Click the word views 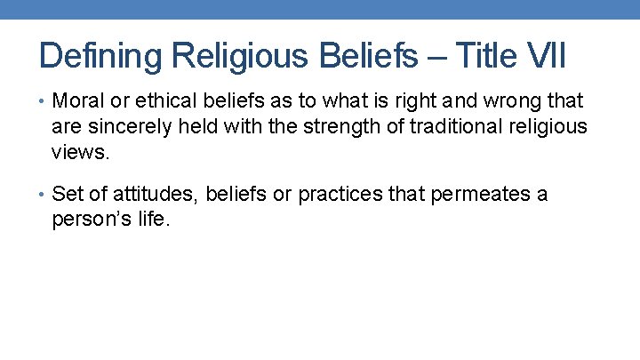pyautogui.click(x=81, y=152)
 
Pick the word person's pyautogui.click(x=91, y=220)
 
